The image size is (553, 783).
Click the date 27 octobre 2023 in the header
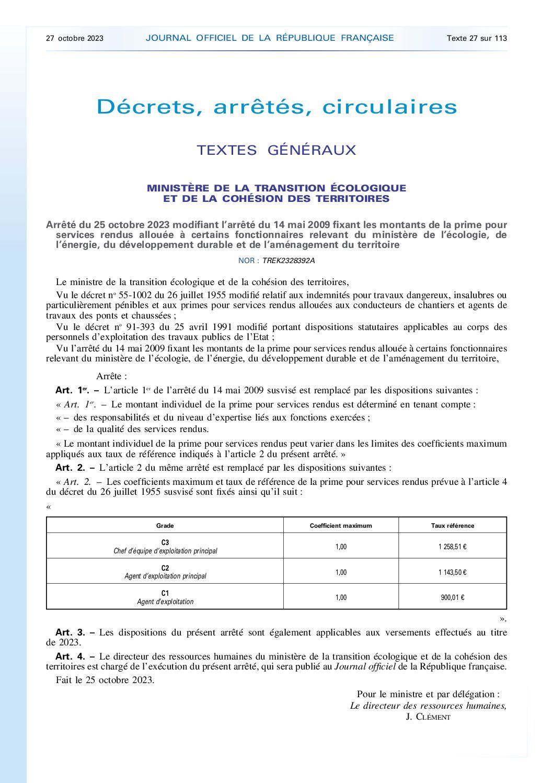75,38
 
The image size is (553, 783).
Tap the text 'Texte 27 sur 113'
477,38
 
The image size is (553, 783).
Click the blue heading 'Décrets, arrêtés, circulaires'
276,107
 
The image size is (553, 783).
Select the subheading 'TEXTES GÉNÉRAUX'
276,150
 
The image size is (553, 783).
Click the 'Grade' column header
165,526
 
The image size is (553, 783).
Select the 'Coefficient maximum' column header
341,526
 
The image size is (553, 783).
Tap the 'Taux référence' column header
453,526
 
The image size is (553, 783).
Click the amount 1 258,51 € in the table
453,547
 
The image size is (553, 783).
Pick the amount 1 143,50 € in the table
453,572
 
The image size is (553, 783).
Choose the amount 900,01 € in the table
453,597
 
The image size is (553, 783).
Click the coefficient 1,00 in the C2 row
341,572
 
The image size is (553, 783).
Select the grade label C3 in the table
165,542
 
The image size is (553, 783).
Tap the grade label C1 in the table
165,593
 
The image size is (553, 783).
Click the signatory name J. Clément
428,717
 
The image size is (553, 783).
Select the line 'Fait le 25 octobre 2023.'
105,680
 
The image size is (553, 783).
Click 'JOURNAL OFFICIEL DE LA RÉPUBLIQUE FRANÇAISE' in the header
270,38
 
